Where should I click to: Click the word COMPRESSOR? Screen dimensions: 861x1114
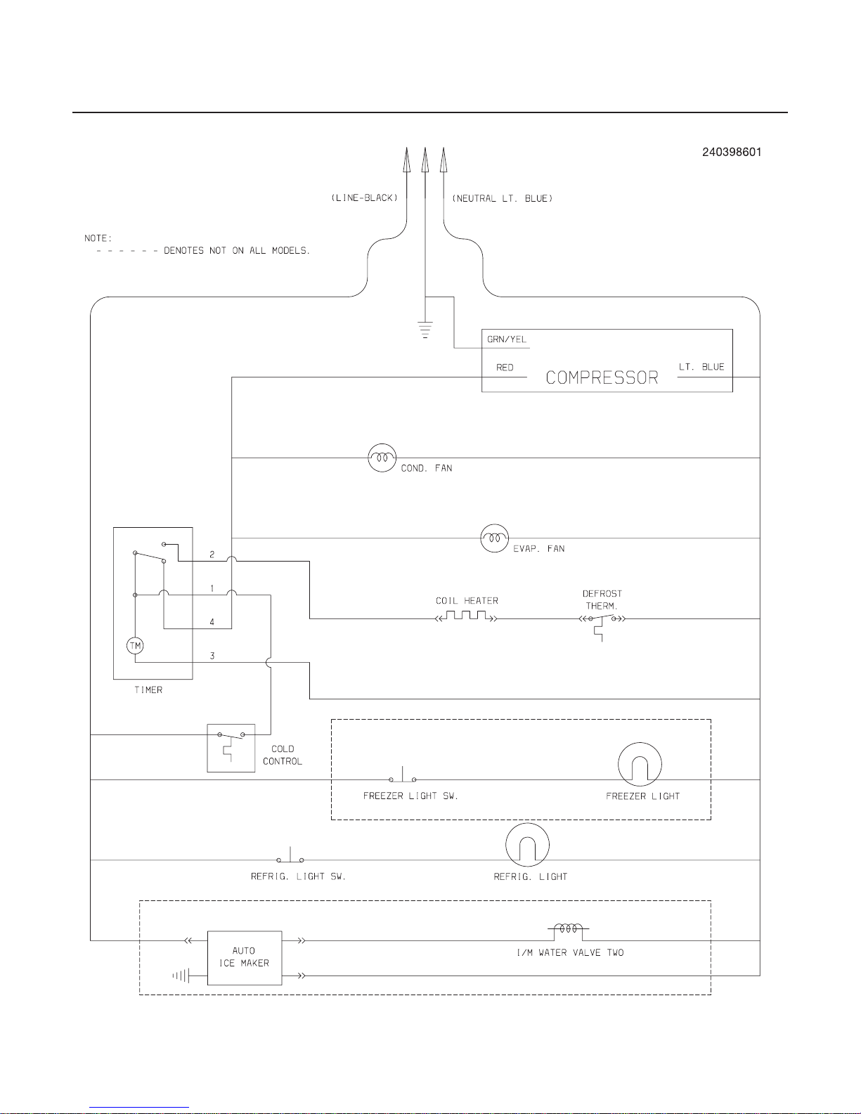click(602, 378)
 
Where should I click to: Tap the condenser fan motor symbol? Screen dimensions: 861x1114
click(382, 458)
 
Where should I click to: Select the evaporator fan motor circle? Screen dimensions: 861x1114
click(495, 538)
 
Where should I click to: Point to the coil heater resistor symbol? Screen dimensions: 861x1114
click(466, 616)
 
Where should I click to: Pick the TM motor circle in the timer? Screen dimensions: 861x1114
click(135, 645)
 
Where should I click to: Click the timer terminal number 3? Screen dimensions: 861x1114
click(212, 656)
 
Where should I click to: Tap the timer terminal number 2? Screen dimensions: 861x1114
click(212, 554)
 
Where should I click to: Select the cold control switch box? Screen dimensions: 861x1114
click(231, 748)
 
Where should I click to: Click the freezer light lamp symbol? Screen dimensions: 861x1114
click(640, 765)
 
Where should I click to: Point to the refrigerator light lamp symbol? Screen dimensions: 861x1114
click(527, 845)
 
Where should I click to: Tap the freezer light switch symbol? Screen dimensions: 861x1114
click(402, 775)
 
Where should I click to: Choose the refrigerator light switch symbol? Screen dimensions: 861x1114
click(290, 855)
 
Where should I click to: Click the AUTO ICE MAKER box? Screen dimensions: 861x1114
click(245, 958)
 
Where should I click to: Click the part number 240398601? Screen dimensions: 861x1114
click(732, 153)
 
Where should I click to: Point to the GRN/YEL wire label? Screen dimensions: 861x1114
click(506, 339)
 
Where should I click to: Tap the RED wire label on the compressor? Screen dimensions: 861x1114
click(505, 368)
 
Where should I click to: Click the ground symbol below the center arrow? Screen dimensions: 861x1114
click(425, 330)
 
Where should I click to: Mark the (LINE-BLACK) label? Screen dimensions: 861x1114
click(364, 198)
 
